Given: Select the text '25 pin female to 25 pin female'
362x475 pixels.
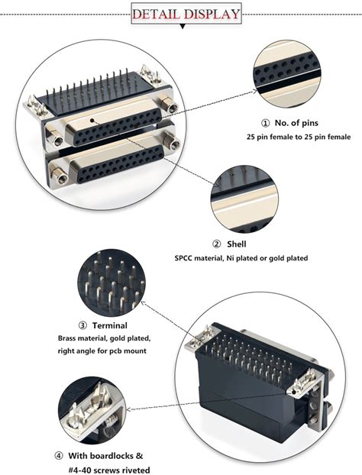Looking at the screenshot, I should pos(299,137).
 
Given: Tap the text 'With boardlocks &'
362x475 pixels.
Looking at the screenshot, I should pos(110,456).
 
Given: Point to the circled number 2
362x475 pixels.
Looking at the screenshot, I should pos(217,244).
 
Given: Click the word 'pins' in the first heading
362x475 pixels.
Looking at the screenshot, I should pos(317,123).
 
